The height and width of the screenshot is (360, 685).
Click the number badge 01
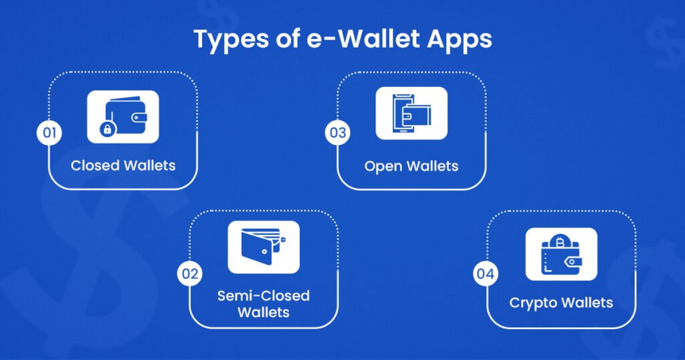coord(49,132)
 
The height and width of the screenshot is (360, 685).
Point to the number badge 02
coord(189,274)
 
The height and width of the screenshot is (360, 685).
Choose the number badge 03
coord(337,132)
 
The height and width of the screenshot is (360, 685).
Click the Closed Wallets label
coord(123,165)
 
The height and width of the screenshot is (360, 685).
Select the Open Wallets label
coord(411,165)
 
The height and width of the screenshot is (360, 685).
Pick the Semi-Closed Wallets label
coord(264,304)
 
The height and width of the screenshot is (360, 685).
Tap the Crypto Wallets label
coord(561,302)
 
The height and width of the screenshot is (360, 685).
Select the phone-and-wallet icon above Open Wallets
coord(411,113)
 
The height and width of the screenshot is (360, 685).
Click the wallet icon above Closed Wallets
coord(123,116)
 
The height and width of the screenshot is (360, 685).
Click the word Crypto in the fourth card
coord(532,302)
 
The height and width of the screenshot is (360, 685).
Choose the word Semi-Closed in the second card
coord(264,295)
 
